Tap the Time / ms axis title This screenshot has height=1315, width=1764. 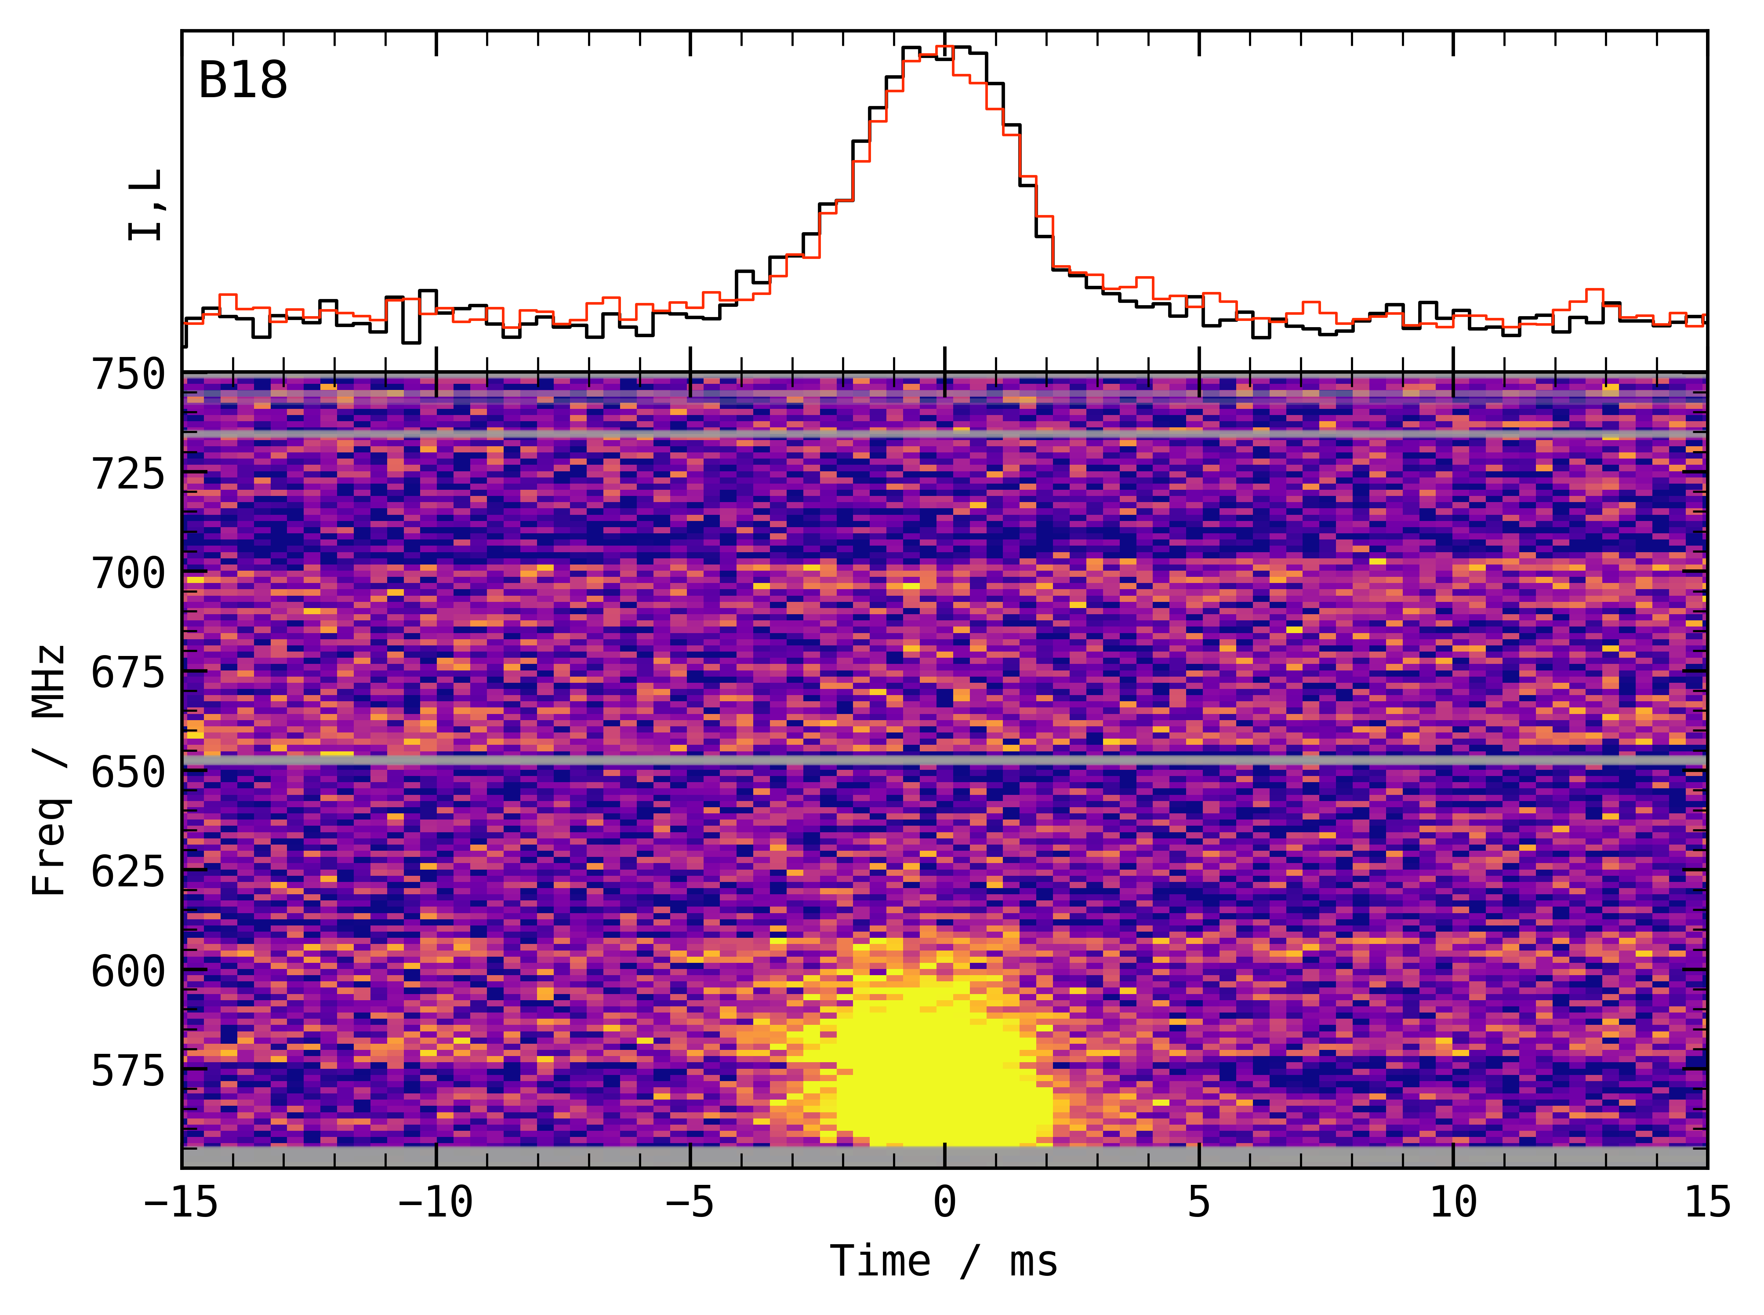tap(944, 1261)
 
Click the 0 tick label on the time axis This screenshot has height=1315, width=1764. tap(944, 1202)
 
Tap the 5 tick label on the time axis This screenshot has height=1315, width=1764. tap(1199, 1202)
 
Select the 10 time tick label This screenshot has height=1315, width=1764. tap(1453, 1202)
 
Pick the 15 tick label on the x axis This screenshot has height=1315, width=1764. tap(1707, 1202)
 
